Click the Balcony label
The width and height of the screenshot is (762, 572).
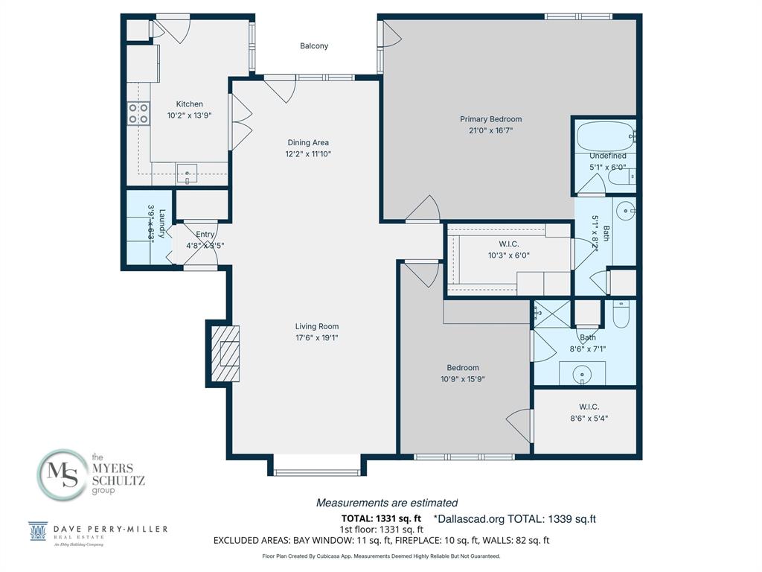pyautogui.click(x=314, y=46)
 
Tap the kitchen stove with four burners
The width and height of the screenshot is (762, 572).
pyautogui.click(x=138, y=113)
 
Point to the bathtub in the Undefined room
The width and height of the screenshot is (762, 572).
pyautogui.click(x=603, y=137)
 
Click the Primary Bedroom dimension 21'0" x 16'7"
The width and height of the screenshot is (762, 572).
pyautogui.click(x=490, y=130)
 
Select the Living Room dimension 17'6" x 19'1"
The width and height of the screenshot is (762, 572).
pyautogui.click(x=317, y=337)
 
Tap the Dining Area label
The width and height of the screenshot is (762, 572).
pyautogui.click(x=308, y=142)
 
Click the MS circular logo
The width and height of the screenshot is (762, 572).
pyautogui.click(x=62, y=474)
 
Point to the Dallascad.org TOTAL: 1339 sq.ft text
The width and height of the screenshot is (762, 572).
pyautogui.click(x=515, y=518)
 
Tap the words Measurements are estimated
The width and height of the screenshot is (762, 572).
pyautogui.click(x=387, y=503)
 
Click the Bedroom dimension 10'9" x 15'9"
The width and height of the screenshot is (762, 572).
pyautogui.click(x=463, y=378)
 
